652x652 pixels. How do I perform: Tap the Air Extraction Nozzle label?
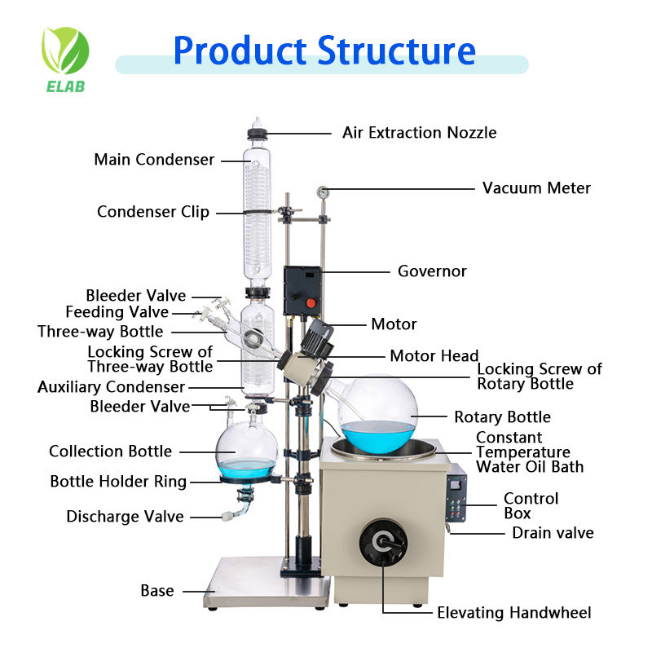(x=419, y=133)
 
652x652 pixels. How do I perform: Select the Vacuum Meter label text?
(x=536, y=188)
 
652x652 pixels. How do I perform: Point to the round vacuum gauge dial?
(x=323, y=193)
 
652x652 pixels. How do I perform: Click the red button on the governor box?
(x=310, y=303)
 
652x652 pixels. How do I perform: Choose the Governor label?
(x=432, y=271)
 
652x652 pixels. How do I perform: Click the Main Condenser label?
(x=154, y=160)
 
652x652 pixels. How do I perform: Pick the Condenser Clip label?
(x=153, y=212)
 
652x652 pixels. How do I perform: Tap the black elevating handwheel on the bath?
(x=382, y=539)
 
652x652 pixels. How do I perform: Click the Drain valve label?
(x=553, y=533)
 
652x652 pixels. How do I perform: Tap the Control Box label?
(x=531, y=505)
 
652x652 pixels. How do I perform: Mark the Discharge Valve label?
(x=125, y=517)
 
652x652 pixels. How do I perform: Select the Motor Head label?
(x=434, y=355)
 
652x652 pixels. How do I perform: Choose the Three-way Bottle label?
(x=100, y=332)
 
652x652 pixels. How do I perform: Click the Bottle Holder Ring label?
(x=118, y=482)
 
